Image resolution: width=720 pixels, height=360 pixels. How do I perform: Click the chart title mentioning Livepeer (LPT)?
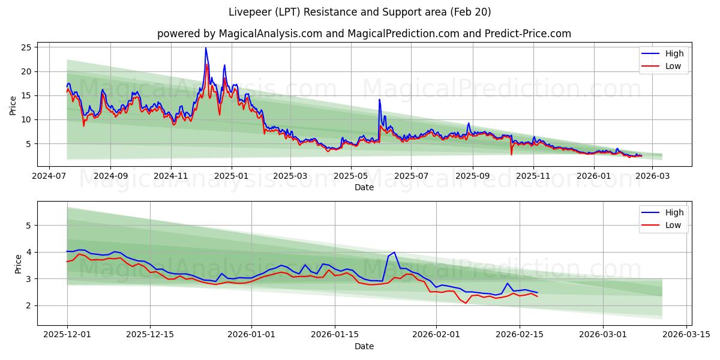(x=360, y=12)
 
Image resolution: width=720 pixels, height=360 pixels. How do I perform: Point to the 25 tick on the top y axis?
(x=25, y=47)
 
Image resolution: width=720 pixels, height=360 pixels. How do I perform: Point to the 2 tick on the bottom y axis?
(x=28, y=305)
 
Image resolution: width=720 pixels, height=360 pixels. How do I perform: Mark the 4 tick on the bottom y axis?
(x=28, y=252)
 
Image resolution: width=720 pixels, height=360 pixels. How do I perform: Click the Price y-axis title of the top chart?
(x=13, y=105)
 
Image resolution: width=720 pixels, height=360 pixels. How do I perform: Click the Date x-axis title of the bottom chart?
(x=364, y=346)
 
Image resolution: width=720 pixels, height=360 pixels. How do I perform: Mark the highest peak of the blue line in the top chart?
(x=206, y=48)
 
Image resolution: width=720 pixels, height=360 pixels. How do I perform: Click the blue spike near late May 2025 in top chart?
(x=379, y=100)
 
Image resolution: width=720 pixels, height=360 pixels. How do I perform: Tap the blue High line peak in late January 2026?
(x=394, y=253)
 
